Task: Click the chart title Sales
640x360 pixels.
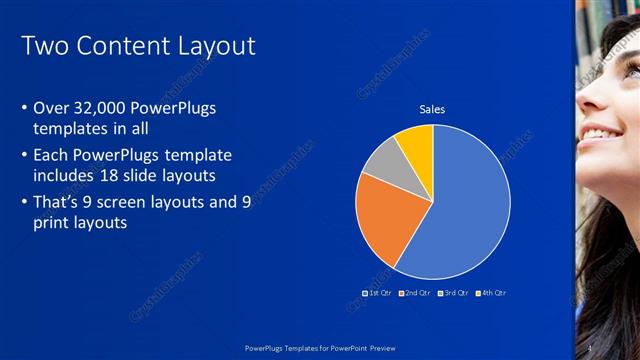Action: (432, 110)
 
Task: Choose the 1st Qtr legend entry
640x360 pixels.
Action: (376, 293)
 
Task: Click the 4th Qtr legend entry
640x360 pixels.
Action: (492, 293)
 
